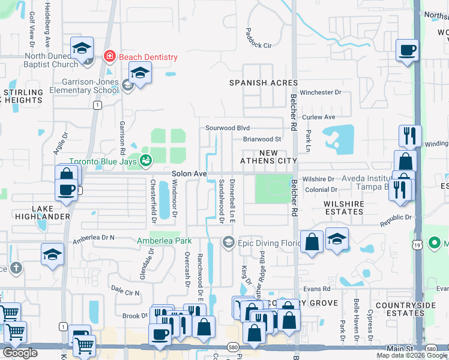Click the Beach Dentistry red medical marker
pos(109,58)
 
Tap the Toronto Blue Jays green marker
pos(145,160)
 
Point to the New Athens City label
pos(268,157)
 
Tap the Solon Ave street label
pos(189,173)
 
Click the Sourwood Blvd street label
pos(227,128)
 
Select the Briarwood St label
pos(262,139)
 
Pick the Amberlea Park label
pos(164,241)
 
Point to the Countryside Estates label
pos(405,309)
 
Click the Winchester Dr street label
pos(321,92)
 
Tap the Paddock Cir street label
pos(259,45)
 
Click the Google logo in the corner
pos(20,353)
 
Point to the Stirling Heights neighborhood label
pos(23,97)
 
